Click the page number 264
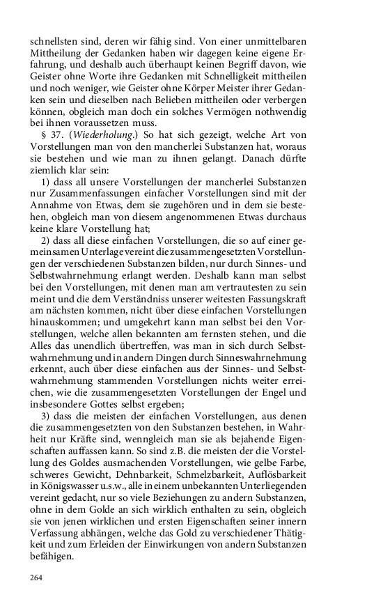36,577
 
